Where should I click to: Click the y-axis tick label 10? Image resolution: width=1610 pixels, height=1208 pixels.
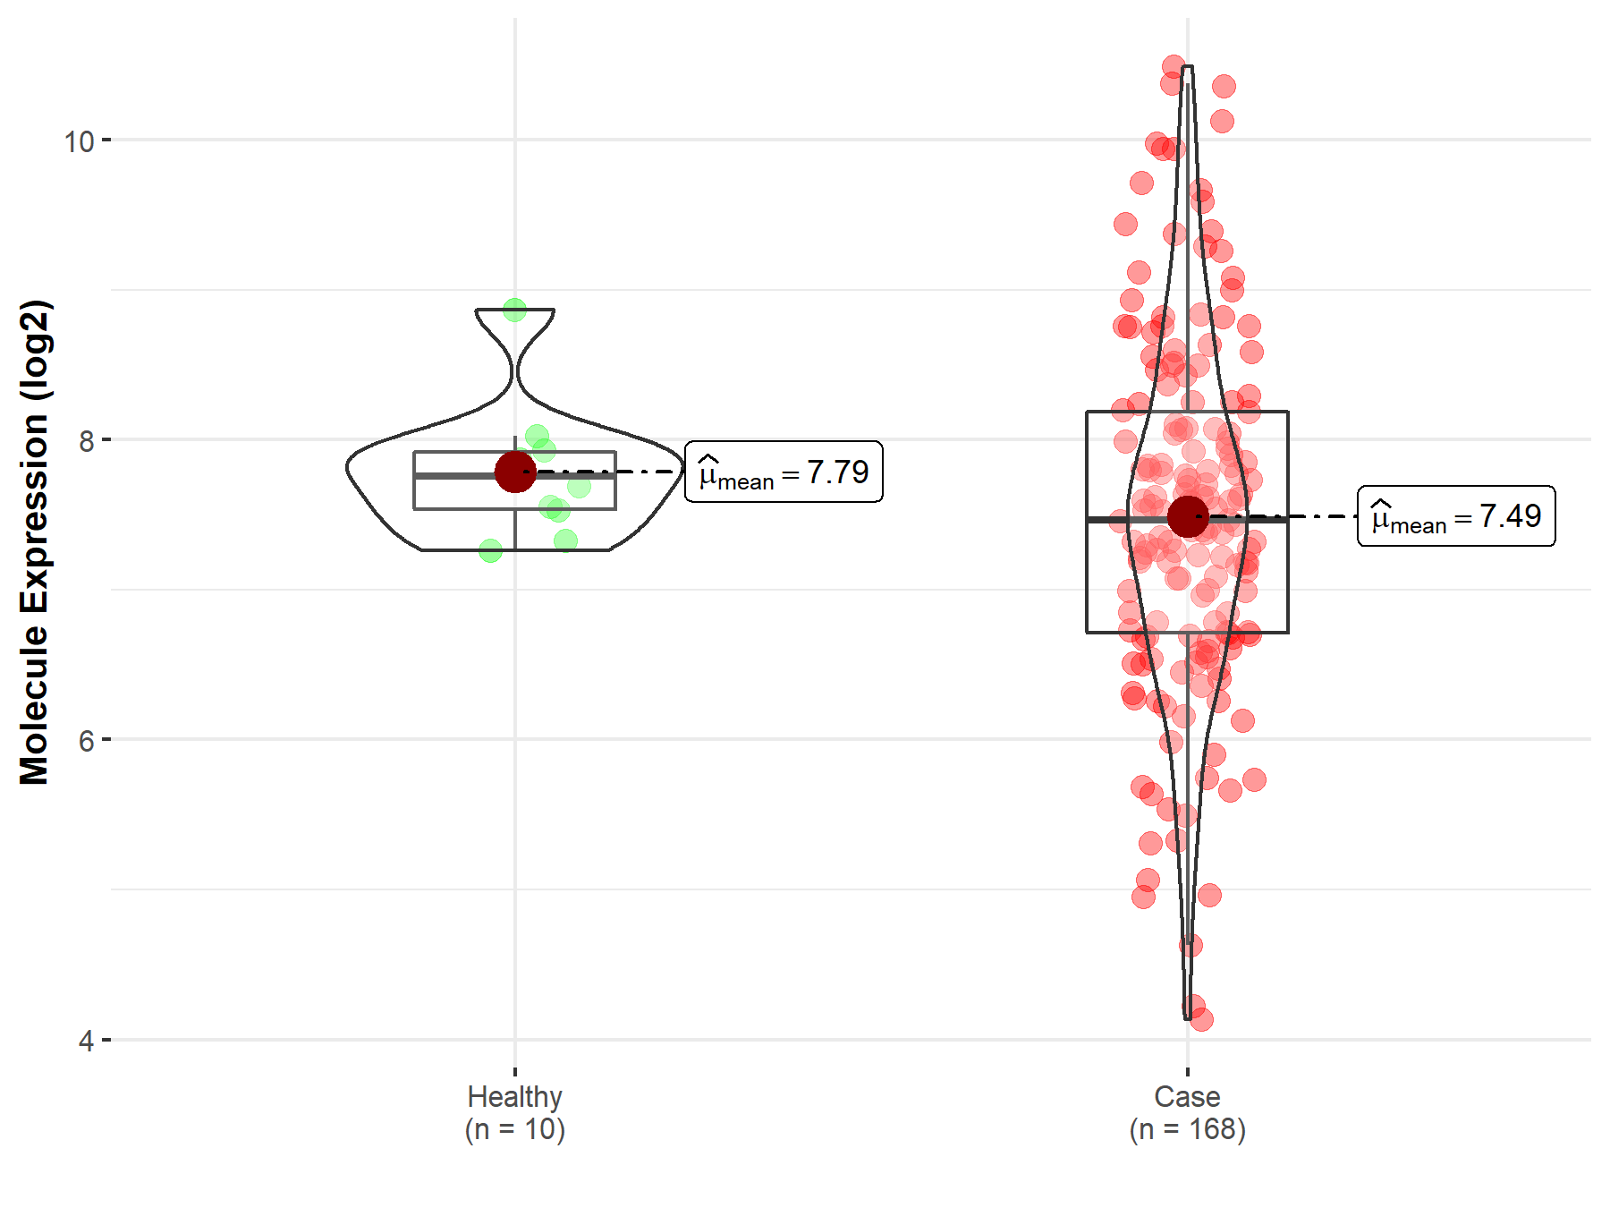pyautogui.click(x=79, y=141)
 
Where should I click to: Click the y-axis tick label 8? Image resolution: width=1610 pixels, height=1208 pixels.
pyautogui.click(x=86, y=440)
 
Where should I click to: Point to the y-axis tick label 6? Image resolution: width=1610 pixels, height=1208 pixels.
pyautogui.click(x=86, y=741)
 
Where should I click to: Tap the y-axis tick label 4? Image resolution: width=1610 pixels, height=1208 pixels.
pyautogui.click(x=86, y=1041)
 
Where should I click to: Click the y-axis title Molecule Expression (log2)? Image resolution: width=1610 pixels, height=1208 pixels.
pyautogui.click(x=34, y=542)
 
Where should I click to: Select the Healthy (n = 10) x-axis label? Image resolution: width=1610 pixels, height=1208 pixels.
pyautogui.click(x=514, y=1112)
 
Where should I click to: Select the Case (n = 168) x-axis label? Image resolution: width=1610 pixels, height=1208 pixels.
pyautogui.click(x=1187, y=1112)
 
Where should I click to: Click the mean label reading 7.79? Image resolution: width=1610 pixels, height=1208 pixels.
pyautogui.click(x=784, y=472)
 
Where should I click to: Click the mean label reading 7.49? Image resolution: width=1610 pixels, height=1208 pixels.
pyautogui.click(x=1456, y=516)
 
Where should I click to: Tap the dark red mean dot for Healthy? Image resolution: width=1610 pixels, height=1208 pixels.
pyautogui.click(x=515, y=472)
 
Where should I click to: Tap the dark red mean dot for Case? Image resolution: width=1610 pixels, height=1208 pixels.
pyautogui.click(x=1188, y=516)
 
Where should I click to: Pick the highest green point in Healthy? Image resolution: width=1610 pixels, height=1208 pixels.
pyautogui.click(x=514, y=311)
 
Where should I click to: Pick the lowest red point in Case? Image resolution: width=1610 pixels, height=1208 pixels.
pyautogui.click(x=1201, y=1018)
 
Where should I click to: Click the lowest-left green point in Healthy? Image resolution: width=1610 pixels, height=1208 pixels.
pyautogui.click(x=490, y=551)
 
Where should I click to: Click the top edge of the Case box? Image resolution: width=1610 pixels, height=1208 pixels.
pyautogui.click(x=1187, y=412)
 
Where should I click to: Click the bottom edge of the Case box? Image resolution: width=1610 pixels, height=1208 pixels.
pyautogui.click(x=1187, y=633)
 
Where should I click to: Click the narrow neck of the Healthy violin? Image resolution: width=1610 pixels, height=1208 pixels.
pyautogui.click(x=515, y=370)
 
